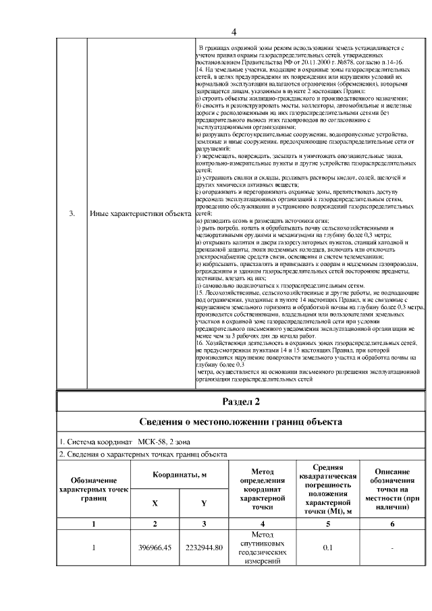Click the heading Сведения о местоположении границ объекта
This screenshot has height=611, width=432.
tap(240, 423)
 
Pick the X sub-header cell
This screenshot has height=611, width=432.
tap(155, 504)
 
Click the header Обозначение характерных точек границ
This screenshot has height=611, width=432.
tap(94, 489)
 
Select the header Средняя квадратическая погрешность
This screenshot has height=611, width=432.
tap(327, 488)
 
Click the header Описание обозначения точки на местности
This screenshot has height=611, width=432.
tap(391, 489)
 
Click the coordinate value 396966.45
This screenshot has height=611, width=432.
tap(155, 548)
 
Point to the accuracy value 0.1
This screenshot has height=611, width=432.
tap(327, 548)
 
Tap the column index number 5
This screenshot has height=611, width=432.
tap(327, 524)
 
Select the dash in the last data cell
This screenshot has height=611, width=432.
tap(391, 548)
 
